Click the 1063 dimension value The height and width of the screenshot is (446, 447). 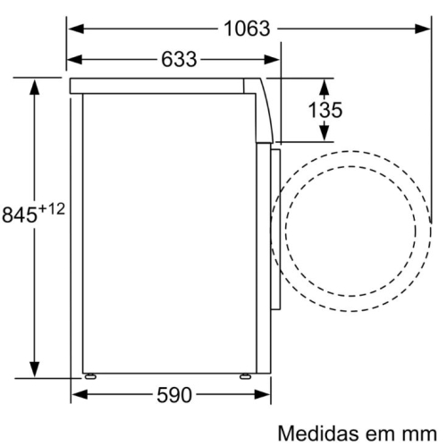pos(248,29)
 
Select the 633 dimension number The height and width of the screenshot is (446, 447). pos(178,61)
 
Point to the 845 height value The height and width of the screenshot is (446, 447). pos(21,214)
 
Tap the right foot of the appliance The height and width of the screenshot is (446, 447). pos(243,376)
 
